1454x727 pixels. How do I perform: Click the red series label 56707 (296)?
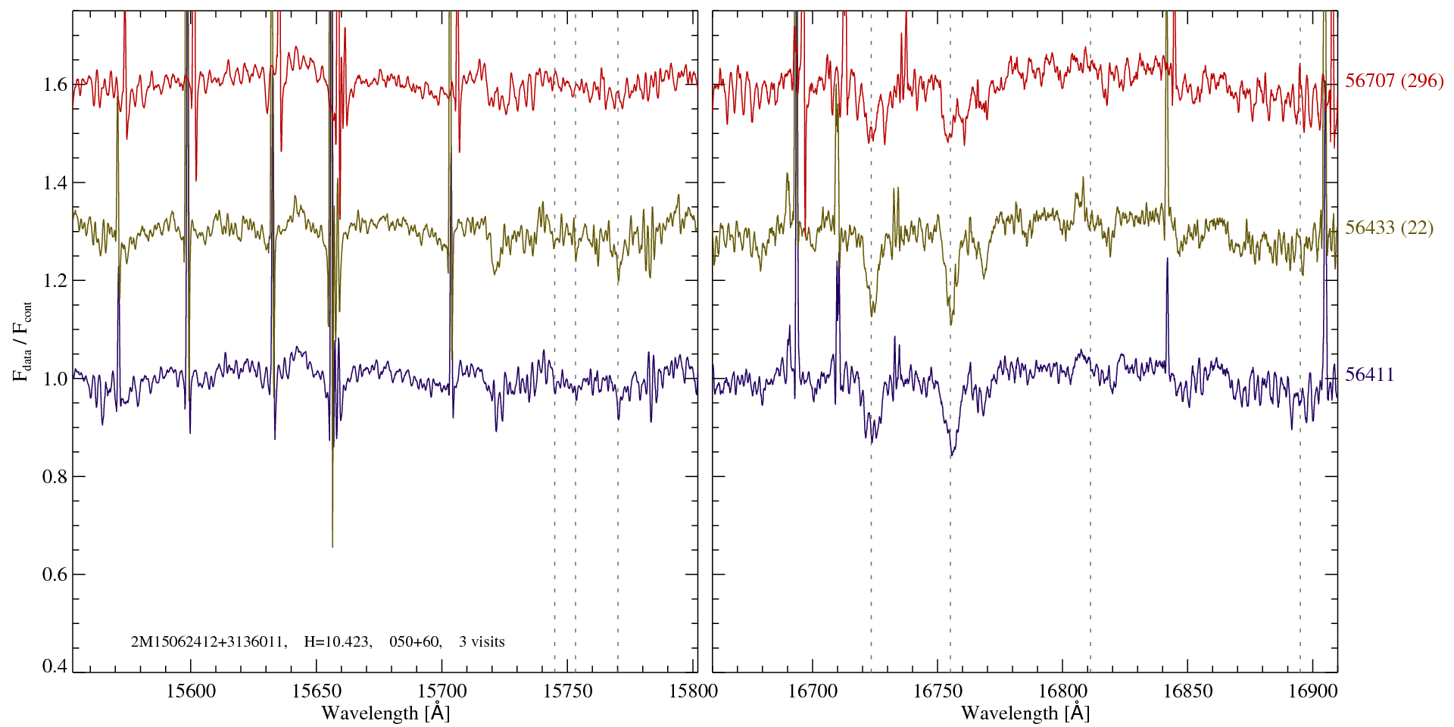[x=1394, y=81]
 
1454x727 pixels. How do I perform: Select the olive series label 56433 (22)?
[x=1389, y=228]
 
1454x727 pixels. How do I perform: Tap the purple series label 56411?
[x=1369, y=375]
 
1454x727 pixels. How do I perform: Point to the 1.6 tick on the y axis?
[x=55, y=84]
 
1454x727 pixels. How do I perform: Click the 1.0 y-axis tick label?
[x=55, y=379]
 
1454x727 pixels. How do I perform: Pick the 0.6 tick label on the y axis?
[x=55, y=575]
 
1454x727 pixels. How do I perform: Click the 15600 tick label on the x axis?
[x=191, y=691]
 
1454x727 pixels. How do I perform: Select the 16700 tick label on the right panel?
[x=813, y=691]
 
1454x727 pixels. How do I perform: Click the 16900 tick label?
[x=1312, y=691]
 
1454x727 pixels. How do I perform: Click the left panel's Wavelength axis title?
[x=385, y=713]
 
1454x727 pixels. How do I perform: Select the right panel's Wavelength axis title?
[x=1025, y=713]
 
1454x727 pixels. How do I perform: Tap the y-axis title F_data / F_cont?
[x=23, y=341]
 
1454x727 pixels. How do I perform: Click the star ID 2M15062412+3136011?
[x=208, y=642]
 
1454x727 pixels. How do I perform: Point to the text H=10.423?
[x=337, y=642]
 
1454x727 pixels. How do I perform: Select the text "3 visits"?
[x=482, y=642]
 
